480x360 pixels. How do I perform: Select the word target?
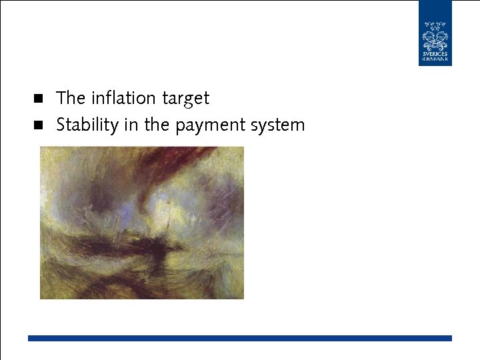[x=186, y=99]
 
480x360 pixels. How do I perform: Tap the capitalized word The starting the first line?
[x=71, y=98]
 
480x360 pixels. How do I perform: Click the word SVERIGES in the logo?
[x=435, y=54]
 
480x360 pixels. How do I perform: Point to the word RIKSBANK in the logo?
[x=435, y=60]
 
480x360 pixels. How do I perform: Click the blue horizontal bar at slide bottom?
[x=240, y=338]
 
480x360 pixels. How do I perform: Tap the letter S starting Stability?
[x=61, y=125]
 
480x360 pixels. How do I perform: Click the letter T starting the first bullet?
[x=61, y=98]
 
